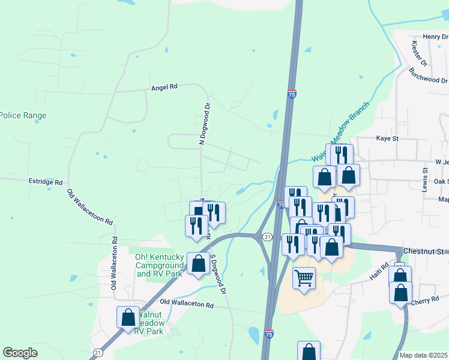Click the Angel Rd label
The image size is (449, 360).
(164, 87)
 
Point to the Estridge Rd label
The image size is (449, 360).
(46, 181)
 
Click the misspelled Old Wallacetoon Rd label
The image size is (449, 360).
(90, 208)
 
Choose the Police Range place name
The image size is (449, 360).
(23, 115)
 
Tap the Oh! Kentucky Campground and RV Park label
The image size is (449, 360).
(158, 265)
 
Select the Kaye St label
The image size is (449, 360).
(387, 139)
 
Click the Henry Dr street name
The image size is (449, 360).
(435, 37)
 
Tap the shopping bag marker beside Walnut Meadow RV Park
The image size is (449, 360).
(128, 317)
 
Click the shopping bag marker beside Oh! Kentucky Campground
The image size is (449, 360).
(198, 264)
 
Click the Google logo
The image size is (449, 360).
(20, 353)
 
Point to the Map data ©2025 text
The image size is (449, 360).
(424, 355)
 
